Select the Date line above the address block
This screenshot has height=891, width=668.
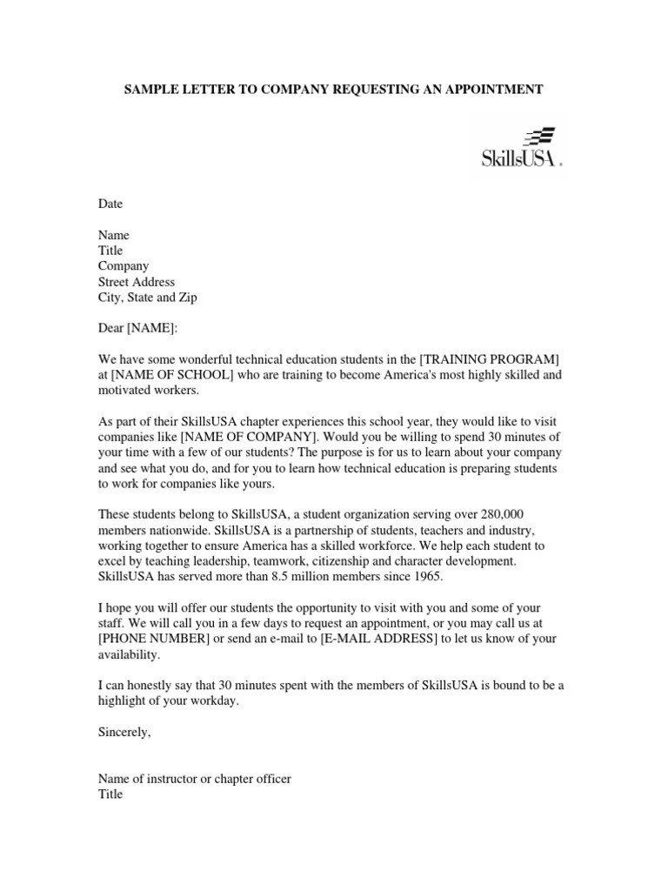pos(110,204)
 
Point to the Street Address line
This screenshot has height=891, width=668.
pos(137,282)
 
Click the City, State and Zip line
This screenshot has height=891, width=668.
pos(148,298)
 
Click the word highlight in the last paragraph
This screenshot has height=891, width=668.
pos(124,701)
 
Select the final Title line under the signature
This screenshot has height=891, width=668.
pos(110,794)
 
